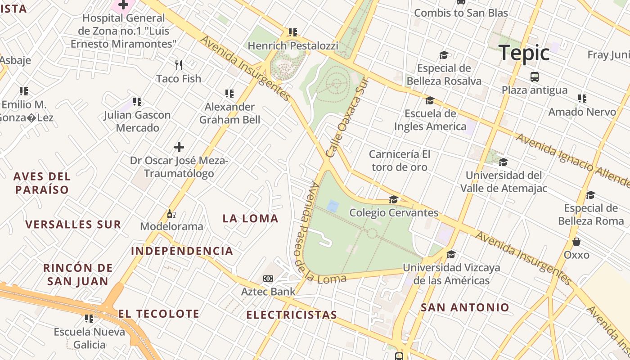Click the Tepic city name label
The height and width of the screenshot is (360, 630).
(x=524, y=53)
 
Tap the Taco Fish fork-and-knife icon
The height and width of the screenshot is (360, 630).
(x=179, y=65)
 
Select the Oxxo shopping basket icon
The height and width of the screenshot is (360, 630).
(x=576, y=242)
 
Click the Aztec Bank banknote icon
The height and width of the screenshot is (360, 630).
(x=268, y=279)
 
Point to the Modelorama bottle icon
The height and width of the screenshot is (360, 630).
(x=171, y=214)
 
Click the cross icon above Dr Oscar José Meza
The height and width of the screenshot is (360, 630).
(x=179, y=147)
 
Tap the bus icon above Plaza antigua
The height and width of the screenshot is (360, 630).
(x=535, y=77)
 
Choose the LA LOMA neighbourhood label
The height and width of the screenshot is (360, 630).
(x=251, y=219)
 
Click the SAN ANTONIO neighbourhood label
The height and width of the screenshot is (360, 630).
(x=465, y=308)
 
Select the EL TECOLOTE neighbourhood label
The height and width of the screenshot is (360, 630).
(x=158, y=314)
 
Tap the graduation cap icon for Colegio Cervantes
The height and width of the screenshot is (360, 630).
(x=394, y=199)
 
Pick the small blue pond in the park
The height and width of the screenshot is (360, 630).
(x=333, y=207)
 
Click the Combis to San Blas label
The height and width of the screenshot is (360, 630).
(x=461, y=13)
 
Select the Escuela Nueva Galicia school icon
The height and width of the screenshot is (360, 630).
(x=89, y=319)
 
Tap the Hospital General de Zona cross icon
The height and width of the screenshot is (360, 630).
(x=123, y=5)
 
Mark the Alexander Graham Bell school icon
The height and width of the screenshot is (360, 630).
(x=229, y=94)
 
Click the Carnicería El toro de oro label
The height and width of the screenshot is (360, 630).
(x=399, y=161)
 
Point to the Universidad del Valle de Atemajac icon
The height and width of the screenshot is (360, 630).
(x=503, y=162)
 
